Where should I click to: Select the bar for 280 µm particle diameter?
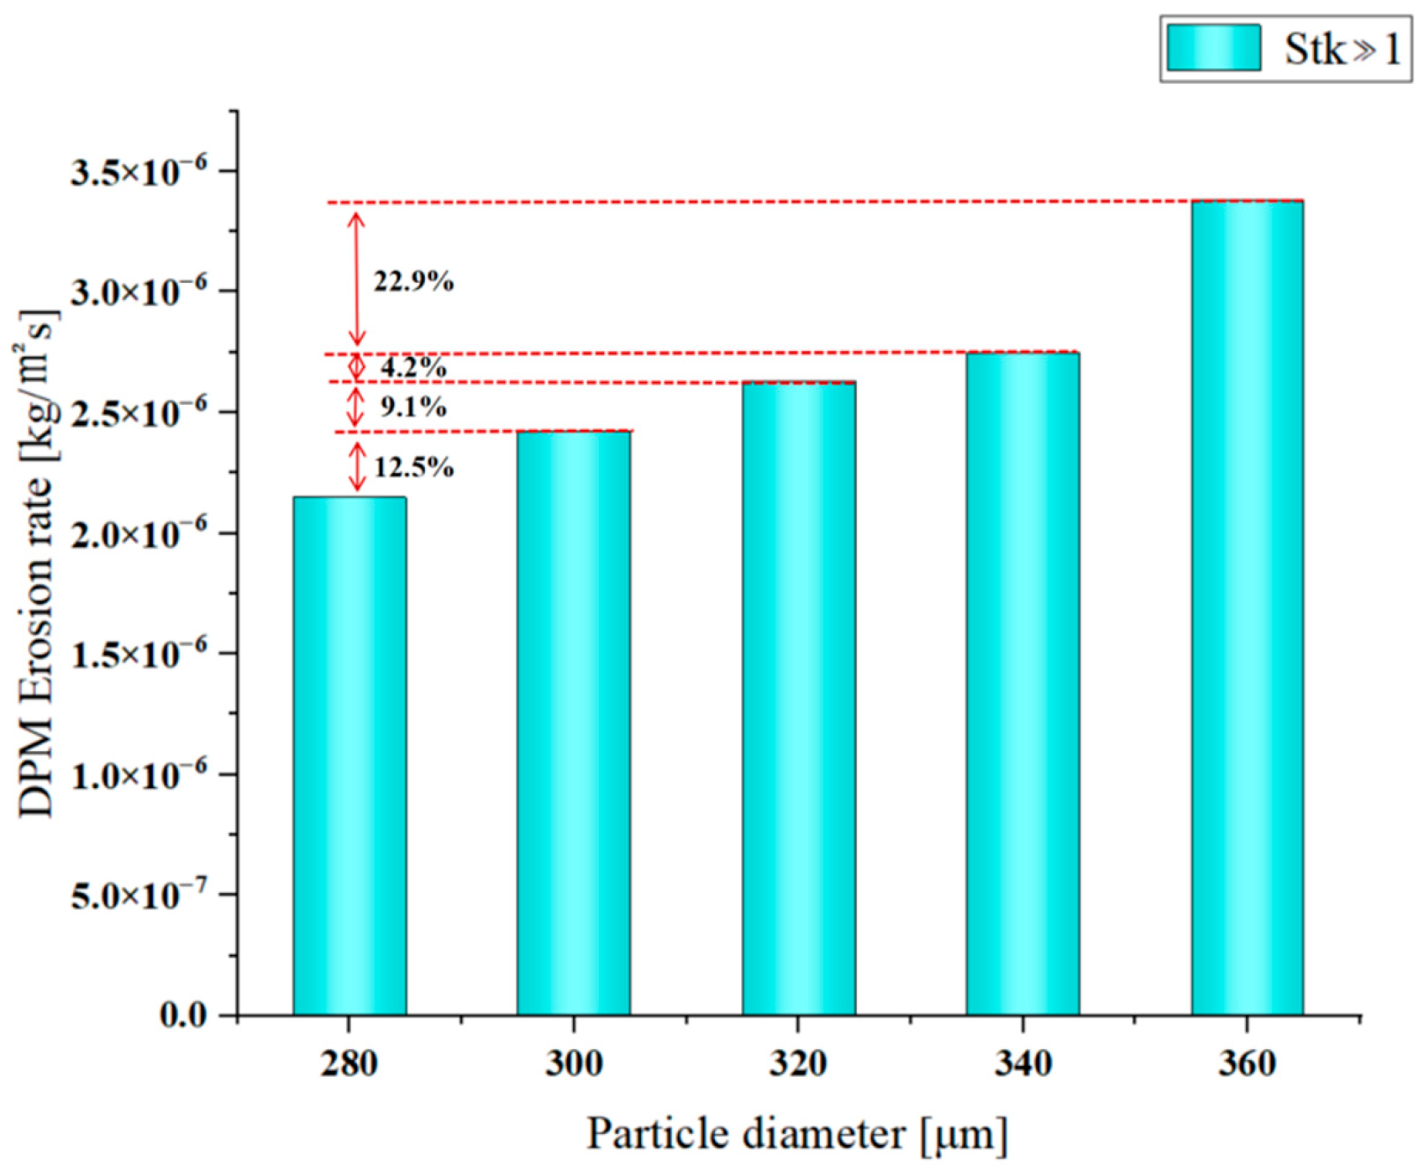(349, 756)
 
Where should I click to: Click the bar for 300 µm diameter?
(574, 722)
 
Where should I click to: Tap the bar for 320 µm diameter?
(798, 697)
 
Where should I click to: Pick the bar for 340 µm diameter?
(1022, 685)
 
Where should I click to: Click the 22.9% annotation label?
(413, 281)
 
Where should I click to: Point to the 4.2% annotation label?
(413, 367)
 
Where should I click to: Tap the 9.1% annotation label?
(413, 407)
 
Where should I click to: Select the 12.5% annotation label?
(413, 467)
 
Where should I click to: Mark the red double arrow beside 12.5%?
(357, 467)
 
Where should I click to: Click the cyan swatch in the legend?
(1213, 48)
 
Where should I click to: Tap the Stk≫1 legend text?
(1342, 49)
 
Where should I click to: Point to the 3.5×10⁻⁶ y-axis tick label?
(139, 171)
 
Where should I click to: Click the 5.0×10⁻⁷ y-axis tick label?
(139, 895)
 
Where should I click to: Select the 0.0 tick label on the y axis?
(183, 1016)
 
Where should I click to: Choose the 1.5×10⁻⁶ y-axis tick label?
(139, 654)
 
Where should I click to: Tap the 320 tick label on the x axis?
(798, 1064)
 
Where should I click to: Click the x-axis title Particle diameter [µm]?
(796, 1135)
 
